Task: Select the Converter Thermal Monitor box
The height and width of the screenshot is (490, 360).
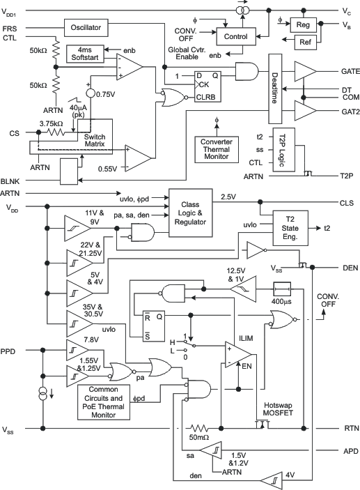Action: (x=217, y=147)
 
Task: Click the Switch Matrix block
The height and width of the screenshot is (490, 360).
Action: (x=94, y=139)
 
